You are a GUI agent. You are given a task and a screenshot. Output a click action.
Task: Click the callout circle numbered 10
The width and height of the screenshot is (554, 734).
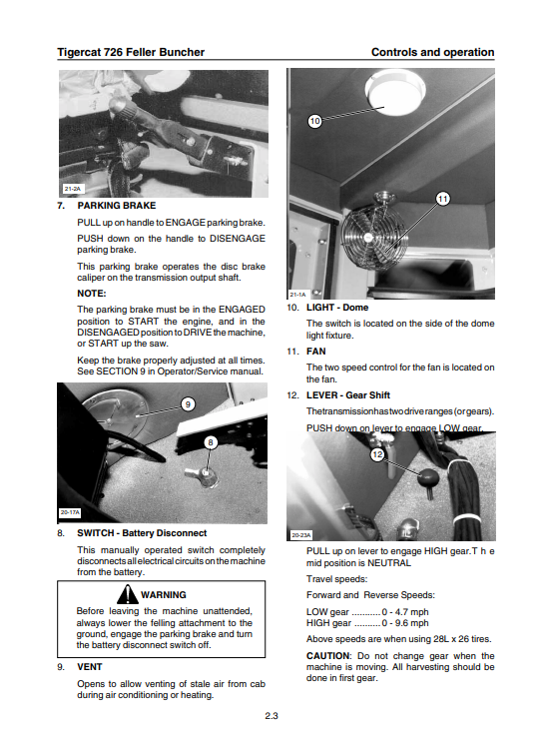tap(314, 121)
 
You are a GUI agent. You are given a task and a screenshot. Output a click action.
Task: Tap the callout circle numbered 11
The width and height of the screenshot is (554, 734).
tap(442, 199)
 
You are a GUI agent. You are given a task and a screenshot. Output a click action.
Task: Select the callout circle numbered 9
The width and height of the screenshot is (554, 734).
tap(188, 404)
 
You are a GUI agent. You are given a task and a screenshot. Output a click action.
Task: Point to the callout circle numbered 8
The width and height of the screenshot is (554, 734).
tap(211, 442)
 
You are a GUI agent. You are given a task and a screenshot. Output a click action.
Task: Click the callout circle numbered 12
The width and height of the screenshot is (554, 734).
tap(377, 454)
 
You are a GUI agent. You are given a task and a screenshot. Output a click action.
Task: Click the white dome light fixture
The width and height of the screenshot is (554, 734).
tap(395, 92)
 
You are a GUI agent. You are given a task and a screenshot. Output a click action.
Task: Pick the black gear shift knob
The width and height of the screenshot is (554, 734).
tap(428, 478)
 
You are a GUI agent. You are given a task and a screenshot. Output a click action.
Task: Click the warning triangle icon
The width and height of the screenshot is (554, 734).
tap(127, 594)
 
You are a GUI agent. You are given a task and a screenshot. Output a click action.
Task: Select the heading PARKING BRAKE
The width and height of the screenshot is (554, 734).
tap(117, 206)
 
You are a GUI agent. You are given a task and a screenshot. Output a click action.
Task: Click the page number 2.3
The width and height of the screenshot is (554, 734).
tap(272, 716)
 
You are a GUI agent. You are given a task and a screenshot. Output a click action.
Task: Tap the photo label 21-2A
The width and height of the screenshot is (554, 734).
tap(73, 189)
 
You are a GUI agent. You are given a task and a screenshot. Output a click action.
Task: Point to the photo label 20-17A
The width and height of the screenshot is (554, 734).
tap(70, 512)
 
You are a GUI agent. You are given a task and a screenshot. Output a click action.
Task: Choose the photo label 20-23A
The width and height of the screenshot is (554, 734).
tap(300, 535)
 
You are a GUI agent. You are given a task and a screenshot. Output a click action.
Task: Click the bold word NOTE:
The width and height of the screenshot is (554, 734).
tap(92, 294)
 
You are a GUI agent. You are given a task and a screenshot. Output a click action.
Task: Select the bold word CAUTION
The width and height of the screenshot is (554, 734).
tap(328, 656)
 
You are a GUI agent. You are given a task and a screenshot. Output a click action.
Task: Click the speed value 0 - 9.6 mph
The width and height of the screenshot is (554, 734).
tap(405, 623)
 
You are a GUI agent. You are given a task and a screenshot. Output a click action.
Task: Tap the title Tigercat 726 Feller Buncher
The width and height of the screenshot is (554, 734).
tap(131, 52)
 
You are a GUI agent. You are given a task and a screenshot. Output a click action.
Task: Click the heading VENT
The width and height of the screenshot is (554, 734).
tap(90, 667)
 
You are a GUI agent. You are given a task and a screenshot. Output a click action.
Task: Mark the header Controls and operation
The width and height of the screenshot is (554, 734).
tap(433, 52)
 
